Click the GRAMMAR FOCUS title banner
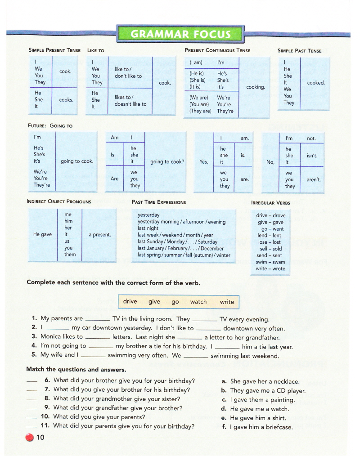pyautogui.click(x=180, y=34)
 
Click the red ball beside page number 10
pyautogui.click(x=30, y=437)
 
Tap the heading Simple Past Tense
pyautogui.click(x=299, y=51)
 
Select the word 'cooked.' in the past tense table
pyautogui.click(x=315, y=83)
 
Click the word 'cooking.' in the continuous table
pyautogui.click(x=255, y=87)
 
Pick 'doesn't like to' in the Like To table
pyautogui.click(x=130, y=104)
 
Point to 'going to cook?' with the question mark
pyautogui.click(x=167, y=161)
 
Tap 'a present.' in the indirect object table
pyautogui.click(x=99, y=234)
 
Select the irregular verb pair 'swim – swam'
pyautogui.click(x=270, y=262)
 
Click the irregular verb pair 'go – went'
pyautogui.click(x=270, y=229)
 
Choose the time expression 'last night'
pyautogui.click(x=148, y=228)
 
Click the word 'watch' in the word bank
pyautogui.click(x=198, y=302)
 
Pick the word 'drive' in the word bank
pyautogui.click(x=130, y=302)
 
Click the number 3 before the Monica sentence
pyautogui.click(x=34, y=336)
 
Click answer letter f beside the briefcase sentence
pyautogui.click(x=224, y=427)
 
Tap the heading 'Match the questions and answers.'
pyautogui.click(x=76, y=370)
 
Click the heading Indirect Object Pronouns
pyautogui.click(x=58, y=201)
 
